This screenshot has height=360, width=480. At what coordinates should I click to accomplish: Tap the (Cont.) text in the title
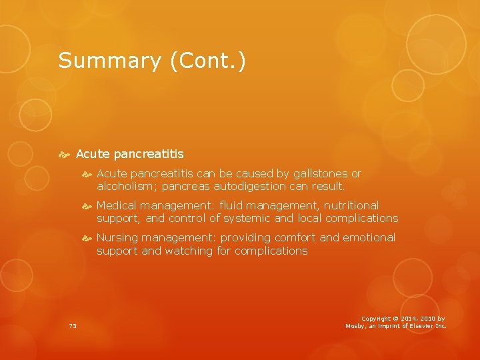[208, 61]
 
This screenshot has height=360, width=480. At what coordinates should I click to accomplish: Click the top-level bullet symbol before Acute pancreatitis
[65, 154]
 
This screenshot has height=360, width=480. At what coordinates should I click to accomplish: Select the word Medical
[117, 205]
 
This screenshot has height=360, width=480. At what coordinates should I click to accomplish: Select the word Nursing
[117, 237]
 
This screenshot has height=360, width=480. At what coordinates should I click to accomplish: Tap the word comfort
[292, 237]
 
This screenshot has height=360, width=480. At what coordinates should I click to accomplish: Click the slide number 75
[73, 325]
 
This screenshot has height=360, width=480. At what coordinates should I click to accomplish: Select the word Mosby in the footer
[357, 325]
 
